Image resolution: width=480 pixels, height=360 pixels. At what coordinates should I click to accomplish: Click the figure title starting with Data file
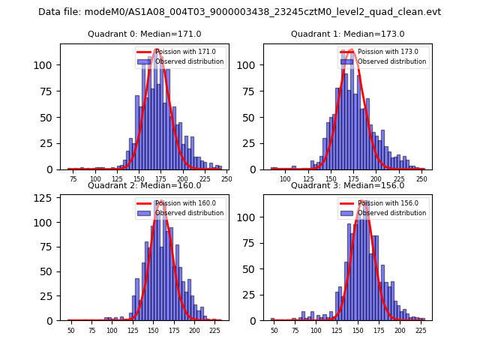[x=239, y=12]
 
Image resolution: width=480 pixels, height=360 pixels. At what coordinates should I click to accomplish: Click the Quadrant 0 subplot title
[x=145, y=34]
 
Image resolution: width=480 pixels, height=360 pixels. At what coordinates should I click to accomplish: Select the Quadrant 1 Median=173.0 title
[x=347, y=34]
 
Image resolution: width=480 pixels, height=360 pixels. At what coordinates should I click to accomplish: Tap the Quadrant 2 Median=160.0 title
[x=145, y=185]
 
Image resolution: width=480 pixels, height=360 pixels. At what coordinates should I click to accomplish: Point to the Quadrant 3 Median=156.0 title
[x=347, y=185]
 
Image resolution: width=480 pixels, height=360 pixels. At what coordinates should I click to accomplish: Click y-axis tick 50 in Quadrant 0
[x=48, y=117]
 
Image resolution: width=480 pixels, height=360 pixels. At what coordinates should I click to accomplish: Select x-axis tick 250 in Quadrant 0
[x=226, y=178]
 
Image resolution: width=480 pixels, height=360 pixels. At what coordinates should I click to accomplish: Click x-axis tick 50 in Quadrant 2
[x=71, y=330]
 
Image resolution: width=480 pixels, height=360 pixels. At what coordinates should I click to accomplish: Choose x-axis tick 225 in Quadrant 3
[x=421, y=330]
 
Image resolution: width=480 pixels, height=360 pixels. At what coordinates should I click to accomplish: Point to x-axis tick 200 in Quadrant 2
[x=194, y=330]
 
